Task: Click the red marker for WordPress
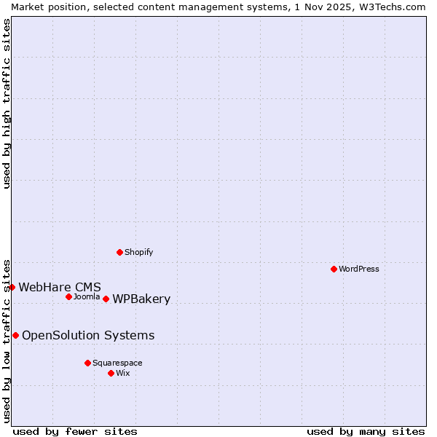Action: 334,269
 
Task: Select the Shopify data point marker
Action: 119,252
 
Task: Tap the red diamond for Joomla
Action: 68,296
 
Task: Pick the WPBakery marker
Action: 106,299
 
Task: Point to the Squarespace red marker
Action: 87,363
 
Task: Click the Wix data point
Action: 111,373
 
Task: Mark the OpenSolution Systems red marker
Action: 15,335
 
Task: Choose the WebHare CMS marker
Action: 12,287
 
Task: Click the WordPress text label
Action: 359,269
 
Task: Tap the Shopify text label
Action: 139,252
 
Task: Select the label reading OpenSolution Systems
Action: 88,335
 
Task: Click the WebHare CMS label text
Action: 60,287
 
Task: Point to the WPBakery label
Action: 141,299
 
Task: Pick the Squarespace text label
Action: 117,363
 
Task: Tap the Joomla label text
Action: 87,296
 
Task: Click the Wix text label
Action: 123,373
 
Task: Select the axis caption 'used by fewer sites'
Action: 75,431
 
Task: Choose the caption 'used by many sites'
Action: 366,431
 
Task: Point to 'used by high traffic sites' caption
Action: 7,103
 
